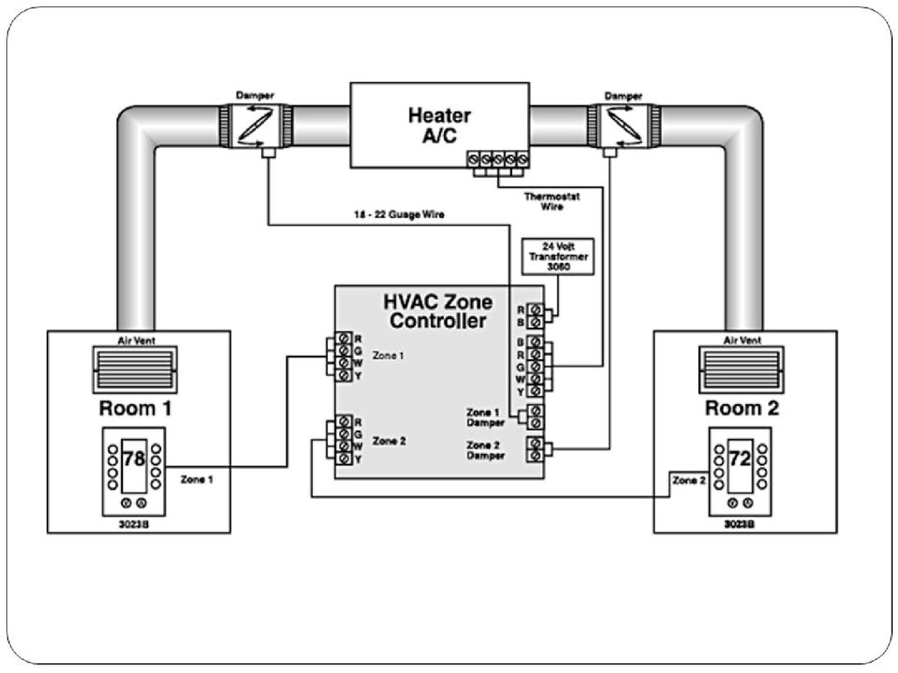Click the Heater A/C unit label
coord(438,124)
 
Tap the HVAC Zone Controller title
coord(438,311)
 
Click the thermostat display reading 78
coord(133,459)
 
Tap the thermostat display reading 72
coord(738,459)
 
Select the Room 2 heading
coord(742,407)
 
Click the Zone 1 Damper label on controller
coord(485,417)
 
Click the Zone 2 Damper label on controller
coord(485,450)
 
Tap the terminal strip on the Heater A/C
coord(497,159)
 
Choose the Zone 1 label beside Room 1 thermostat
coord(196,479)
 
